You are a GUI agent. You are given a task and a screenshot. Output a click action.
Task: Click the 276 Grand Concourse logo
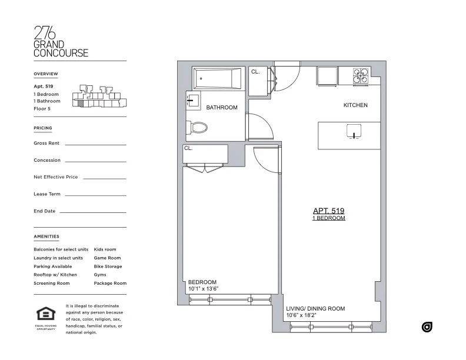[x=61, y=41]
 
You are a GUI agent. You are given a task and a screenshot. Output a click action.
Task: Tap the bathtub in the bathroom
[x=218, y=79]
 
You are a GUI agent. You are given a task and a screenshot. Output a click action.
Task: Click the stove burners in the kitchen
[x=361, y=77]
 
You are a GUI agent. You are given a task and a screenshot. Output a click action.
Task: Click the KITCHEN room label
[x=355, y=105]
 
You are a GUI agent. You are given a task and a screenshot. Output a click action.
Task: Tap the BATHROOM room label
[x=222, y=108]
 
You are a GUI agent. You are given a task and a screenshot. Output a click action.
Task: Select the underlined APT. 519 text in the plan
[x=328, y=211]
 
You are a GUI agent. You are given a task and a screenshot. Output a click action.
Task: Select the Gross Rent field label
[x=46, y=143]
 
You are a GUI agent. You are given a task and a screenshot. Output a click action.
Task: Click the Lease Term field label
[x=47, y=194]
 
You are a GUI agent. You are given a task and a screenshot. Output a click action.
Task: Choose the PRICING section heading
[x=43, y=128]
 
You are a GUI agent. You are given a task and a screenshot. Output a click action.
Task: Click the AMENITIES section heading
[x=46, y=236]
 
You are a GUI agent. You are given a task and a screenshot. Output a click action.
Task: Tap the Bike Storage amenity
[x=108, y=266]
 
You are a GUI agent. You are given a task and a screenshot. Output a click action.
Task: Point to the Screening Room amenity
[x=52, y=284]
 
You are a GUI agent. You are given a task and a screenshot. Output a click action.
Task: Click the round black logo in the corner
[x=427, y=327]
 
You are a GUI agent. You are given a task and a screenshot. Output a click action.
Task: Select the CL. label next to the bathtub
[x=255, y=72]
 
